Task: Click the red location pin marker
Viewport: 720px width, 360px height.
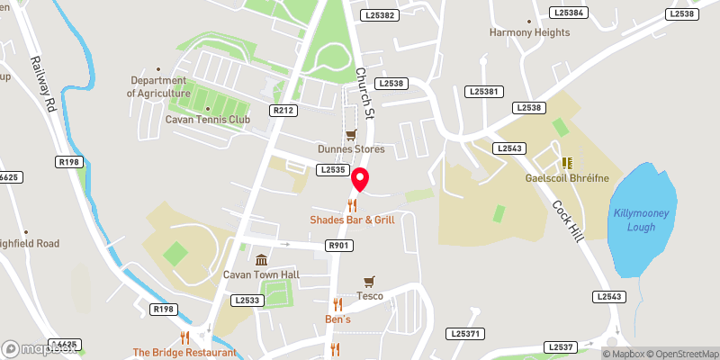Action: pyautogui.click(x=360, y=180)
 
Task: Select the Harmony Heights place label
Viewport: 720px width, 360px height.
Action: pyautogui.click(x=529, y=32)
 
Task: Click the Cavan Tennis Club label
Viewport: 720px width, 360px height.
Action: pyautogui.click(x=207, y=118)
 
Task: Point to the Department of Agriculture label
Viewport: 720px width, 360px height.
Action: pyautogui.click(x=158, y=86)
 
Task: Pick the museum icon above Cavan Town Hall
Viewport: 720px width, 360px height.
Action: pyautogui.click(x=261, y=260)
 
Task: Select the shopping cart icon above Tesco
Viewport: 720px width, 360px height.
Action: pyautogui.click(x=368, y=282)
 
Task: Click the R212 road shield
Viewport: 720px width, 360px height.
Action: pyautogui.click(x=283, y=110)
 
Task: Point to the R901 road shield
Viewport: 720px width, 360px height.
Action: pyautogui.click(x=338, y=245)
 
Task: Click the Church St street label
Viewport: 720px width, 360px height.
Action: pyautogui.click(x=363, y=92)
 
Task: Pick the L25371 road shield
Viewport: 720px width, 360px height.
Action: pyautogui.click(x=466, y=334)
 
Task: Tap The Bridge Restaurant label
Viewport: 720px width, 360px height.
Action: pyautogui.click(x=184, y=353)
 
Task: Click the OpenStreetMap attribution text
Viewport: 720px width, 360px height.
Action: pyautogui.click(x=680, y=353)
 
